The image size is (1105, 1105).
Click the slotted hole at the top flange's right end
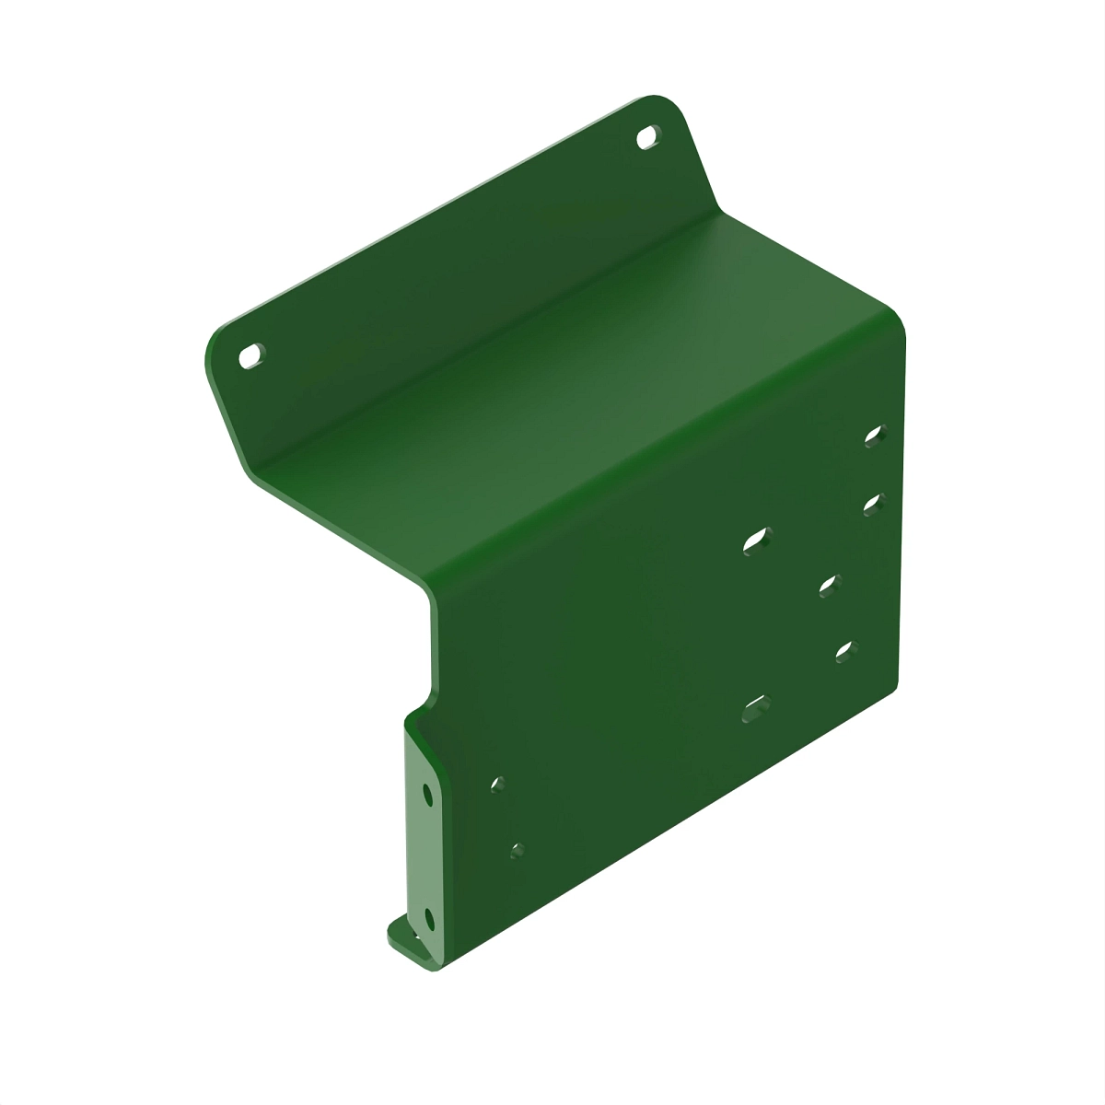click(x=648, y=136)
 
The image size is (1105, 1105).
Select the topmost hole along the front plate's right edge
click(x=873, y=436)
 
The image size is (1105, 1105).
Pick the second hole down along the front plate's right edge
click(x=872, y=502)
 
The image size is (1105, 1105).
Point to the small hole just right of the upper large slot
click(x=829, y=585)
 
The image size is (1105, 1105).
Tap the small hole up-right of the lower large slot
click(x=844, y=651)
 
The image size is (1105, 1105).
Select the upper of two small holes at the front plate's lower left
click(x=497, y=785)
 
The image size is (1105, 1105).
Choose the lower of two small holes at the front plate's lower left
click(x=518, y=849)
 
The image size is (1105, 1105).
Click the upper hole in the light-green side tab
click(x=427, y=793)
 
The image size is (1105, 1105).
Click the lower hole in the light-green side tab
click(x=428, y=917)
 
